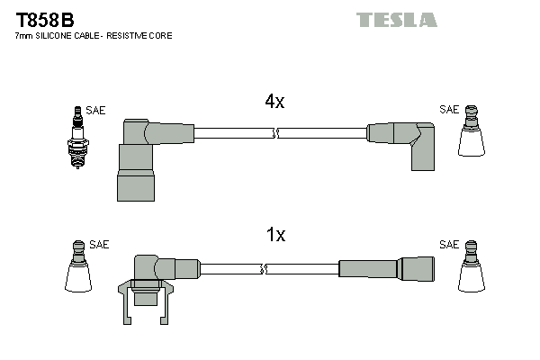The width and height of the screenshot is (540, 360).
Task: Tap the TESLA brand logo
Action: (396, 19)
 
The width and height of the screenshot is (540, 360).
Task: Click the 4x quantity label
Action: (274, 103)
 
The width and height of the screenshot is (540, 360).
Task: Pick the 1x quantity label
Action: (274, 235)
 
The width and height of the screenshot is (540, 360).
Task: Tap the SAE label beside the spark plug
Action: (96, 111)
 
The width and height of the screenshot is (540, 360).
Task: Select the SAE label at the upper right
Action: (448, 110)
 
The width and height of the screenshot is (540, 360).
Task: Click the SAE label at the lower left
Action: (99, 244)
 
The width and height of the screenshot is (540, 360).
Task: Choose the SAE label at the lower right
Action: (448, 244)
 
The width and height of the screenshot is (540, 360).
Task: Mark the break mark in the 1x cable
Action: (264, 268)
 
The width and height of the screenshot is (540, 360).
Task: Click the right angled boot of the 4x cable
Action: (405, 141)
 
